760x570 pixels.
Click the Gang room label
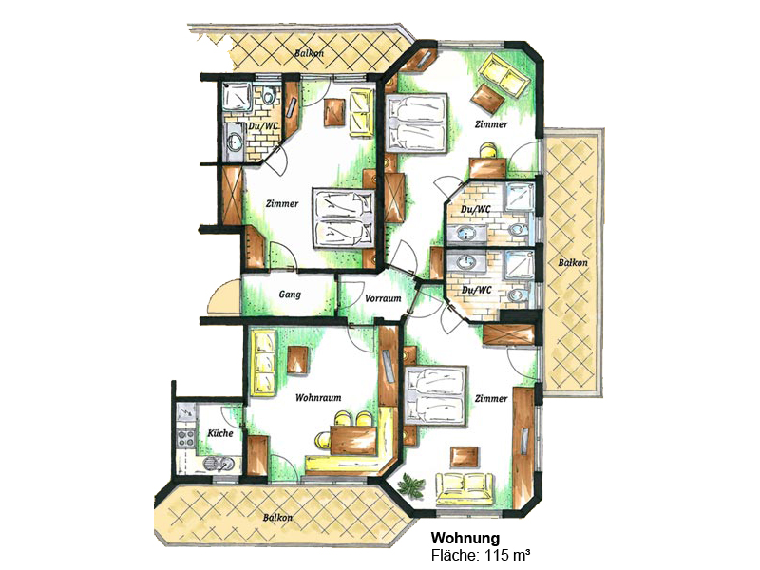click(290, 294)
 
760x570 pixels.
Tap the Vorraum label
click(383, 298)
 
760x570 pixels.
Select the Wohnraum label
click(318, 398)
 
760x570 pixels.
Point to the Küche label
click(220, 433)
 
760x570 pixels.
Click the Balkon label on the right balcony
click(573, 263)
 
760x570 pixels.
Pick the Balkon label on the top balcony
click(309, 54)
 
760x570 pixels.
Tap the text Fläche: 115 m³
click(485, 554)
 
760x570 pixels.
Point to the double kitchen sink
click(218, 465)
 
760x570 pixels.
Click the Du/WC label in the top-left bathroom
click(262, 126)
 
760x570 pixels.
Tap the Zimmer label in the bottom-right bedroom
click(491, 398)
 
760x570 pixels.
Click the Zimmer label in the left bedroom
click(282, 203)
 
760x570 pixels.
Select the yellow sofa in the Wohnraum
click(263, 362)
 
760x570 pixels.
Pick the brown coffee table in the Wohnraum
click(297, 360)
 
